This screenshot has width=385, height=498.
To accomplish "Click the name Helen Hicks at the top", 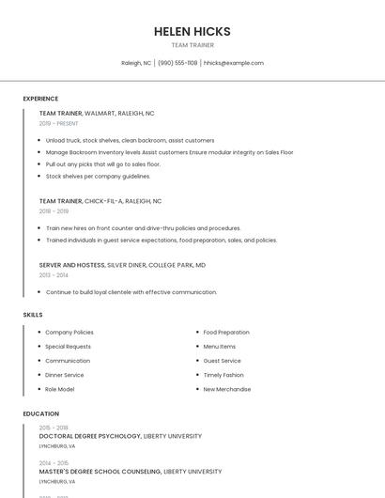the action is click(192, 31).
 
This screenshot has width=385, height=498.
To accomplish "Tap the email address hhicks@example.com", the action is click(234, 63).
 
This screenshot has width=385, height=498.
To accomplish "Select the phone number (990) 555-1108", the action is click(177, 63).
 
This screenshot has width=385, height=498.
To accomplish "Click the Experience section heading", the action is click(40, 99).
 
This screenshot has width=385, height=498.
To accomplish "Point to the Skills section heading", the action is click(33, 315).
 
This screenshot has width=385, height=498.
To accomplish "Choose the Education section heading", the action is click(40, 413).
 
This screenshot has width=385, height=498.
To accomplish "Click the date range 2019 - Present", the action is click(58, 124).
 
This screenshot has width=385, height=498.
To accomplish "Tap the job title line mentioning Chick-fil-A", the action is click(100, 201).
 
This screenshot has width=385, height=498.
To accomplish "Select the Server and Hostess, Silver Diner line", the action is click(122, 265).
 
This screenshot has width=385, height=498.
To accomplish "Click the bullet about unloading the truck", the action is click(130, 140).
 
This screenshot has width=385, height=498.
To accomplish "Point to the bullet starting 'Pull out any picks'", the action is click(103, 164).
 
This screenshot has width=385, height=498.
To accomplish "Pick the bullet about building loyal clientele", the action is click(131, 292).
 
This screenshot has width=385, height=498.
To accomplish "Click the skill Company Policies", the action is click(69, 333).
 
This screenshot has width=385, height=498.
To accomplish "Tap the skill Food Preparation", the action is click(226, 333).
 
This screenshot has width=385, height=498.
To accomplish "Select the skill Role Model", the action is click(59, 389).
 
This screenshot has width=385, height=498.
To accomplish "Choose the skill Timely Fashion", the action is click(223, 375).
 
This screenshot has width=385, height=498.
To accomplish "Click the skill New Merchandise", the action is click(227, 389).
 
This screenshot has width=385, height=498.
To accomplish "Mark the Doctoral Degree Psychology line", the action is click(120, 436).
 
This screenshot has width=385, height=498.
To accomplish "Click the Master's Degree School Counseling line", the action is click(131, 472).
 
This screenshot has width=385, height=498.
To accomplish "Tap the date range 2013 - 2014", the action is click(54, 275).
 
